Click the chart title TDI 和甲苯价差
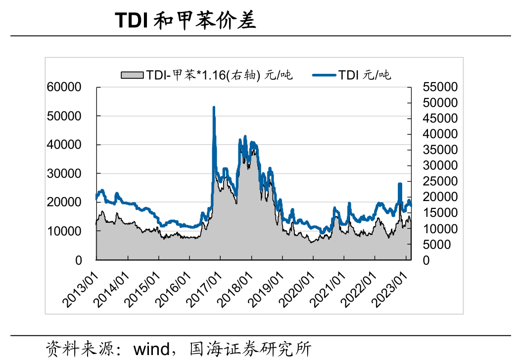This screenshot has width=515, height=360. coord(185,20)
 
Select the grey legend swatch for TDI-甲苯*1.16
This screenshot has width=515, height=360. coord(132,75)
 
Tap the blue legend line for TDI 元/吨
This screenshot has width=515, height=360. coord(324,75)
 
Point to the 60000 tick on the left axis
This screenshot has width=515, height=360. coord(64,87)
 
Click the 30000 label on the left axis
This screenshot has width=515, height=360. coord(64,174)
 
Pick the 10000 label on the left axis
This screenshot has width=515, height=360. coord(64,231)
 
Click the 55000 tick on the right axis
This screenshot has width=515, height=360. coord(440,87)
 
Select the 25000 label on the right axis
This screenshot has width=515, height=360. coord(440,181)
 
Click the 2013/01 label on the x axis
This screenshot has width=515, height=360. coord(81,290)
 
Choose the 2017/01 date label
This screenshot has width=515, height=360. coord(204,290)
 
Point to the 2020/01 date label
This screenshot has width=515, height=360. coord(297,290)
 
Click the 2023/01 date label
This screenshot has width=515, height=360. coord(389,290)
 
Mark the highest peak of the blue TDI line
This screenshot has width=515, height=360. coord(214,107)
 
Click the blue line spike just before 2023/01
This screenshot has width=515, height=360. coord(400,184)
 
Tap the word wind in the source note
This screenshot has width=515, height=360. coord(151,349)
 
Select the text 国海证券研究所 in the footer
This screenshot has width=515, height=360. coord(250,349)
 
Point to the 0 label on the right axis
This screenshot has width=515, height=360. coord(426,260)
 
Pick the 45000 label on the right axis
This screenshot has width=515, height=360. coord(440,118)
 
